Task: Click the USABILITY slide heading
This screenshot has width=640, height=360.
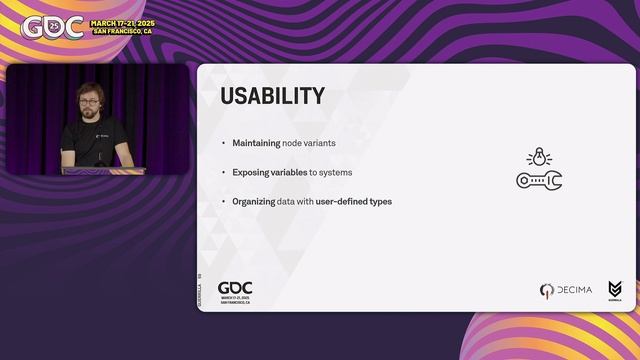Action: click(272, 96)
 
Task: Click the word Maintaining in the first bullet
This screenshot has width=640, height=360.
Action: click(256, 143)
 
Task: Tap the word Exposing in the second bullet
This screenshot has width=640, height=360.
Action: click(250, 172)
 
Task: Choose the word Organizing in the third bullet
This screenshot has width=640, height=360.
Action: click(253, 201)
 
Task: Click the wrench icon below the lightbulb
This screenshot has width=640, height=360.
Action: click(539, 180)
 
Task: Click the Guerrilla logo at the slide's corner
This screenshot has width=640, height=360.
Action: click(614, 290)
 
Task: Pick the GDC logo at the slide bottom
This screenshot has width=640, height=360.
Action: click(235, 290)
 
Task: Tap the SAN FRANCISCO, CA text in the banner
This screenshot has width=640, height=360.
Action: click(122, 31)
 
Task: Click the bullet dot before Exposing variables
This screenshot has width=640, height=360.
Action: click(223, 172)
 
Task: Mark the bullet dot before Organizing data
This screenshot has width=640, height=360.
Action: click(223, 201)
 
